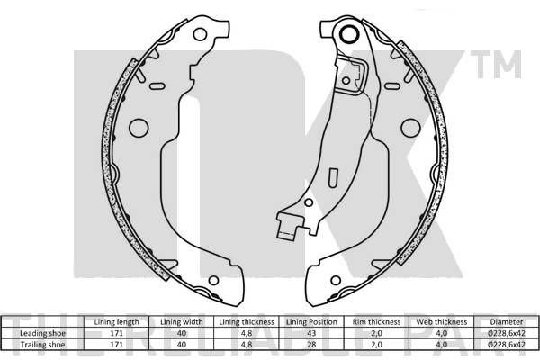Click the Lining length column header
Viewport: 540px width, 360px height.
[116, 322]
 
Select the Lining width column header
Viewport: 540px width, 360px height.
[182, 322]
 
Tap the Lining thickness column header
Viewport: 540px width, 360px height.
[247, 322]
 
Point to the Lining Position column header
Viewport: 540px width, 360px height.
[311, 322]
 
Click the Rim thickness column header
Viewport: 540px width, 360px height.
[376, 322]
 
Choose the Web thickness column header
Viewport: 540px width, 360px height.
[442, 322]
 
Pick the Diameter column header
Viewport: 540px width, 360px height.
[507, 322]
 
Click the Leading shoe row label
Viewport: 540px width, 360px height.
[42, 333]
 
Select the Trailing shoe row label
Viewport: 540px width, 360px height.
[42, 345]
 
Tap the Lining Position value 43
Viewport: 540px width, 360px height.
[311, 333]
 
